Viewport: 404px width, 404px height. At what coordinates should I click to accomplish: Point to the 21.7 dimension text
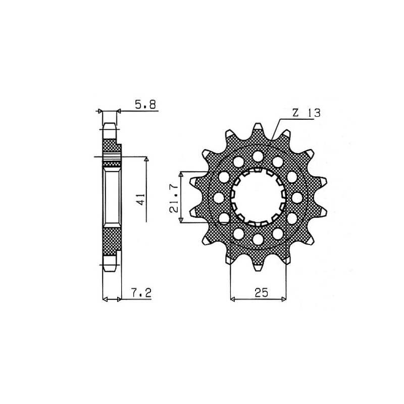coord(173,196)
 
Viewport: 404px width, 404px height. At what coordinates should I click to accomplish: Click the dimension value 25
coord(260,292)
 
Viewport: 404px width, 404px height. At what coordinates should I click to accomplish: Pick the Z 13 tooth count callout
coord(305,113)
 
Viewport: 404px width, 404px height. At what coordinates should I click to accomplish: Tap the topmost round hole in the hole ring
coord(258,155)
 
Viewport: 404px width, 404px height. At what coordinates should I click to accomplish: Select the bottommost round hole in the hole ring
coord(258,238)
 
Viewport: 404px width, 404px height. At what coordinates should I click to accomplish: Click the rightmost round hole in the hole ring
coord(297,196)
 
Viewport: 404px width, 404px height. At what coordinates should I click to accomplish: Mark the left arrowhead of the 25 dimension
coord(233,299)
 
